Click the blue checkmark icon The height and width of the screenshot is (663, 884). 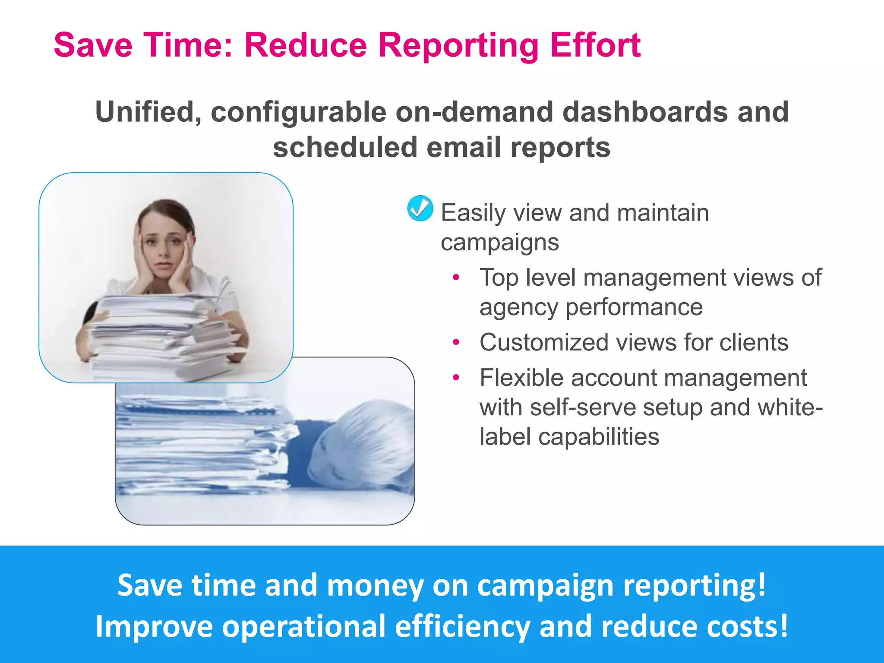coord(420,208)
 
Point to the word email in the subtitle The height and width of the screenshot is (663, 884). coord(464,147)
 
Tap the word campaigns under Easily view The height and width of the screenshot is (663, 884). coord(499,242)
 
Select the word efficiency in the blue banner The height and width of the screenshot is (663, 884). coord(462,626)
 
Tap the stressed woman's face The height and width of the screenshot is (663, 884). coord(164,246)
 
